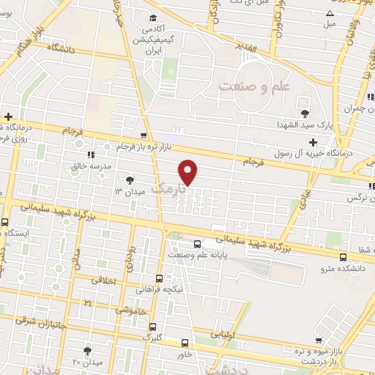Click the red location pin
coord(188,172)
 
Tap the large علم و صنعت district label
coord(256,86)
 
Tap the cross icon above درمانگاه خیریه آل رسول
coord(313,141)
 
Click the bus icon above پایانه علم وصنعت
coord(196,244)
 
